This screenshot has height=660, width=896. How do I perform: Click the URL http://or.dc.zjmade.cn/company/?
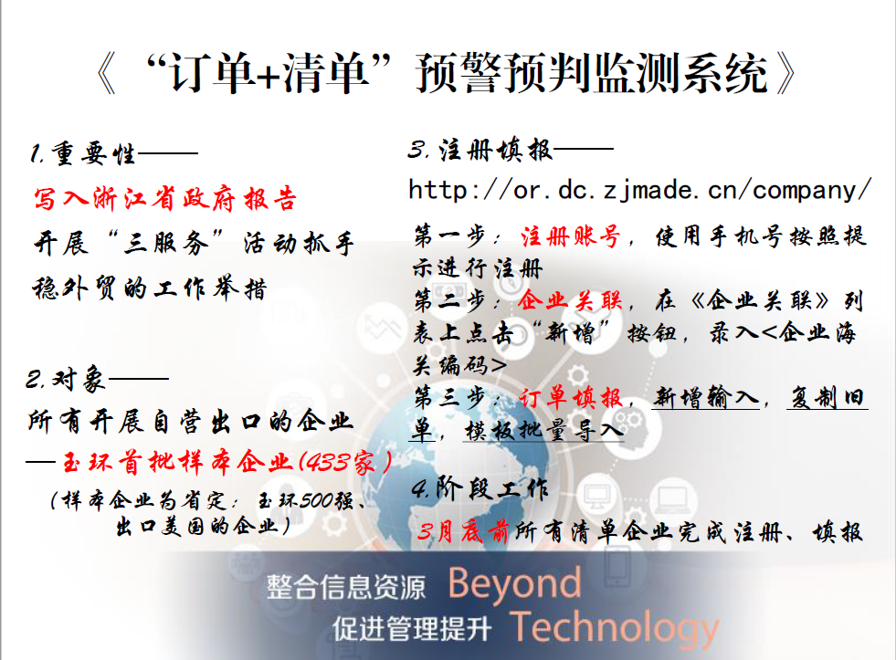tap(640, 190)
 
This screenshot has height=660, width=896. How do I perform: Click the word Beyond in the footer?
tap(514, 584)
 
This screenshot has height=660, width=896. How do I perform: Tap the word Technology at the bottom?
tap(615, 628)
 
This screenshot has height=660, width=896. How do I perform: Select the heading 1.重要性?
tap(83, 153)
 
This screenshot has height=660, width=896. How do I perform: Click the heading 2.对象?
tap(66, 379)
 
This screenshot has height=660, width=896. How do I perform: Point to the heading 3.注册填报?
tap(480, 150)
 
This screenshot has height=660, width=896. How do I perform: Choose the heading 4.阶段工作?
tap(480, 488)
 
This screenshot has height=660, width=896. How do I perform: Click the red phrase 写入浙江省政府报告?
tap(165, 199)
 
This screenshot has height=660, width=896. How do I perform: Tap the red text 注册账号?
tap(570, 236)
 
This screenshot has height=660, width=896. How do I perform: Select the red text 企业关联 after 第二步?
tap(570, 299)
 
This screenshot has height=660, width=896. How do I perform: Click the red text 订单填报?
tap(570, 397)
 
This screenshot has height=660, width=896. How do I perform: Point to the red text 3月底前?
tap(463, 532)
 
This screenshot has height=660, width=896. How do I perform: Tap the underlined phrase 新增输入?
tap(706, 397)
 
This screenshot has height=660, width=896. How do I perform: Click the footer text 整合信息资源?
tap(346, 588)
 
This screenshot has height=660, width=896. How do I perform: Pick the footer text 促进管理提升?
tap(412, 629)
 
